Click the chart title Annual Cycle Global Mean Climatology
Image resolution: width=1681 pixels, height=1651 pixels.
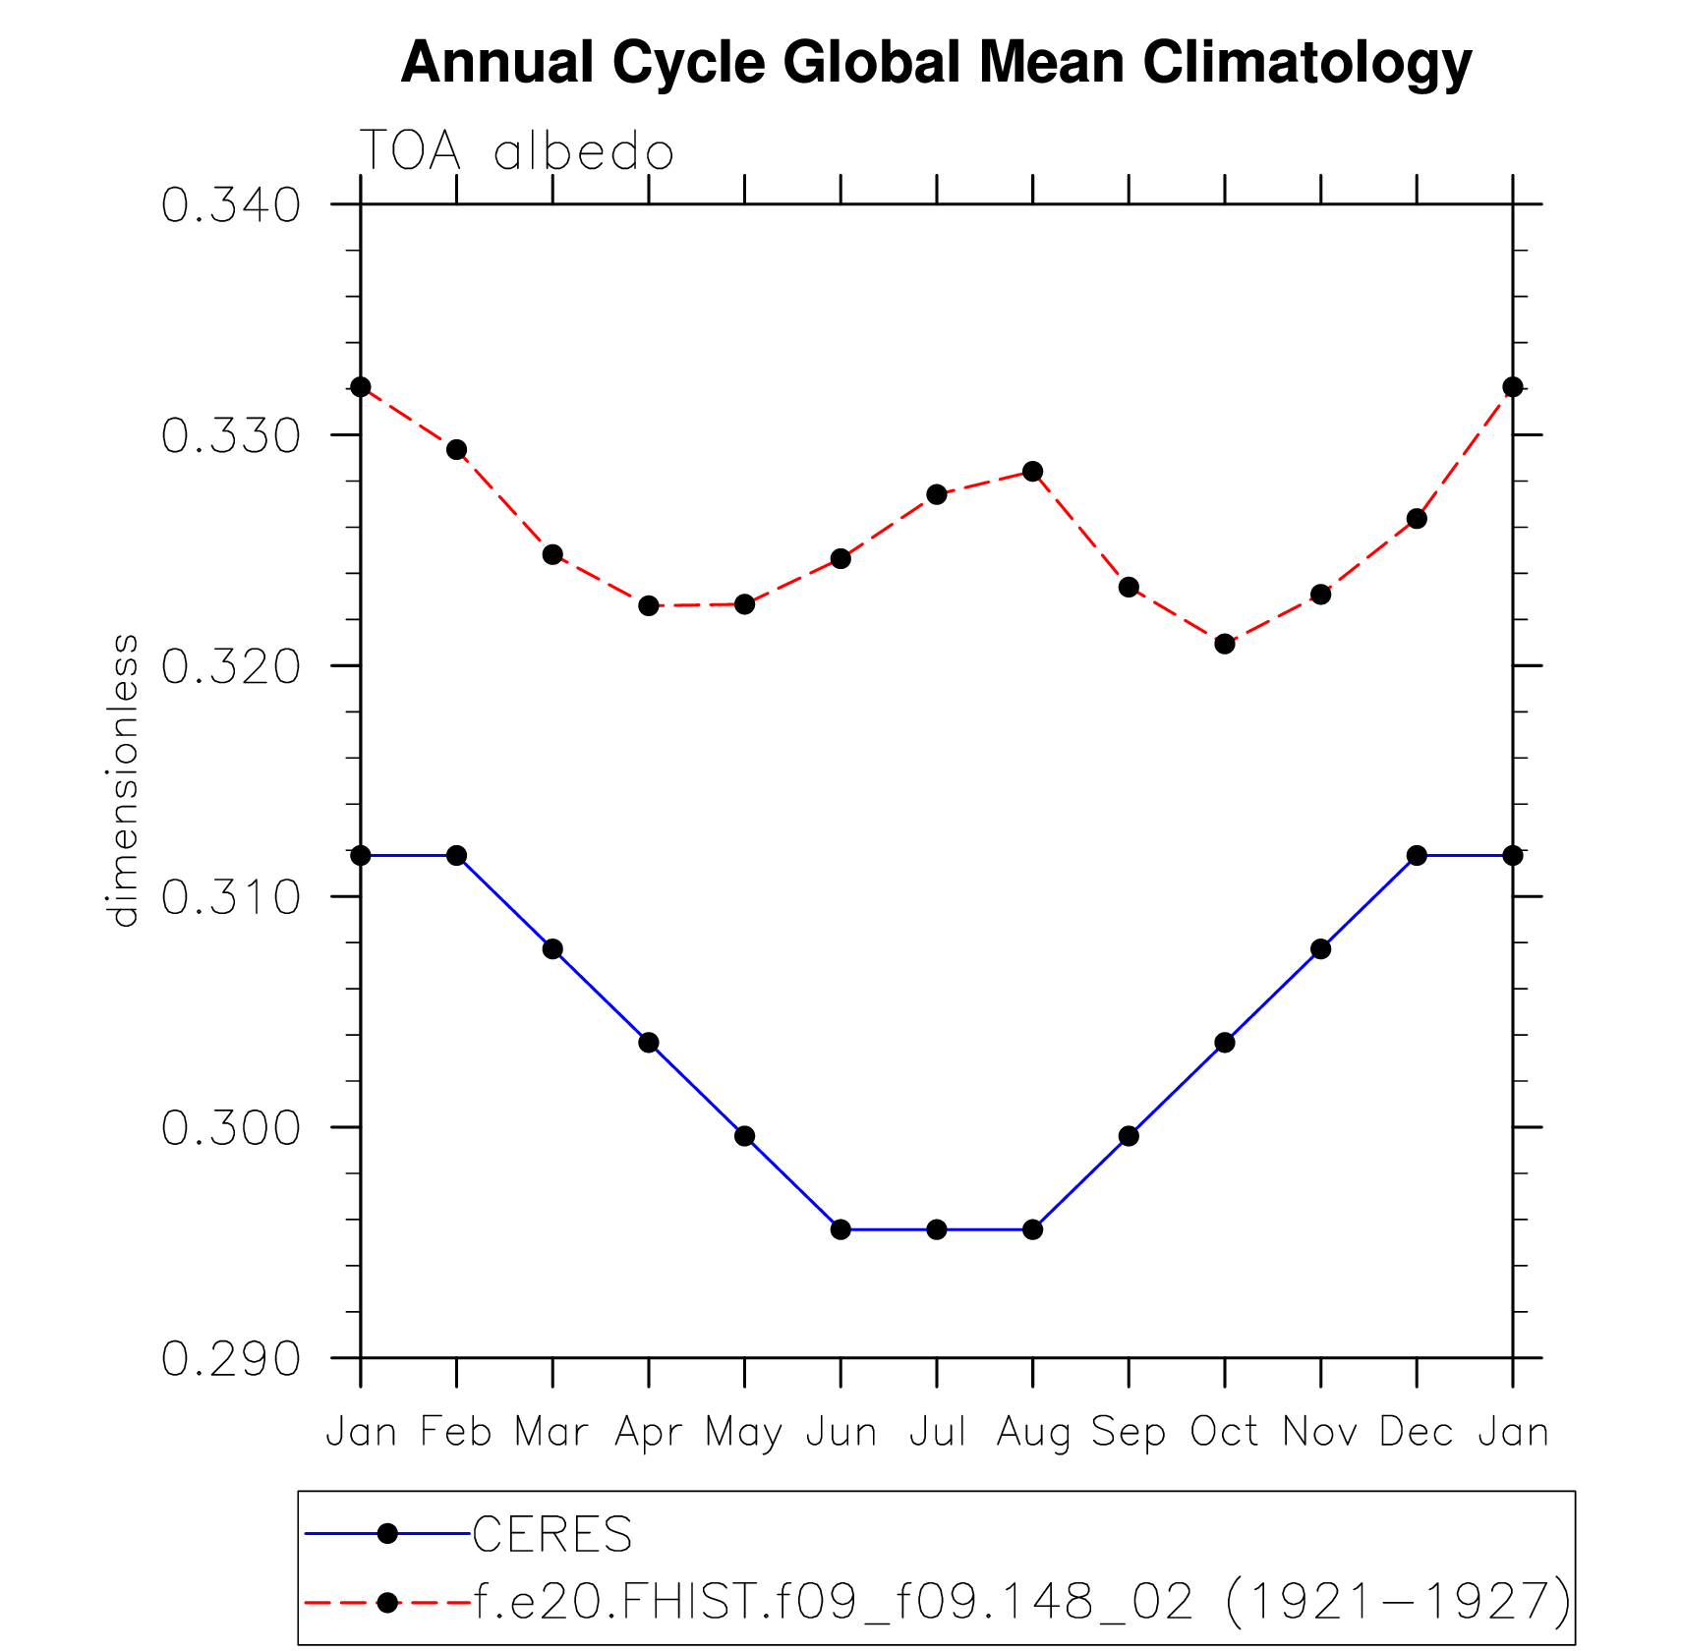point(936,63)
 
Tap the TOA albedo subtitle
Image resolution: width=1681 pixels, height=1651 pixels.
point(517,152)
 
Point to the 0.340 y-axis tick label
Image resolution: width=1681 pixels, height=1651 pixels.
point(231,205)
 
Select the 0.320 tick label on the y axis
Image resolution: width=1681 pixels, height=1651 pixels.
point(231,667)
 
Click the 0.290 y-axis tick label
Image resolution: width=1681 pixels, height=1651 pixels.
point(231,1360)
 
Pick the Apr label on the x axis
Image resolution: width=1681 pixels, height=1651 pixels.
point(648,1433)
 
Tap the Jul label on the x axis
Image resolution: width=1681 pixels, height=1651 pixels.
point(937,1432)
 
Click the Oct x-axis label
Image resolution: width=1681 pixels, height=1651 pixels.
point(1224,1432)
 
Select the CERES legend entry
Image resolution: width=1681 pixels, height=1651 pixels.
point(552,1534)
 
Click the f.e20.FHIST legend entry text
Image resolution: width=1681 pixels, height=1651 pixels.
point(1022,1602)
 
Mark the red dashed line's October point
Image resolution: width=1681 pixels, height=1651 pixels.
point(1224,644)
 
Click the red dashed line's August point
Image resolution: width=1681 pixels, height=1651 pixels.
point(1032,472)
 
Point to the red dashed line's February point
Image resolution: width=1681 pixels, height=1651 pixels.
point(457,450)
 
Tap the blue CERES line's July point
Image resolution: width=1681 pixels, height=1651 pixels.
point(937,1229)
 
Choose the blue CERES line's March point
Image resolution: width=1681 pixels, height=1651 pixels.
point(552,949)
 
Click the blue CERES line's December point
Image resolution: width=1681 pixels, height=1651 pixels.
point(1417,856)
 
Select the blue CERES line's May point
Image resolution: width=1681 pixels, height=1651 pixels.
point(745,1136)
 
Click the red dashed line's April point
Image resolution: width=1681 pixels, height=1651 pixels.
point(649,605)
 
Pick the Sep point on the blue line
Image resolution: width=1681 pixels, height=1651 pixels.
point(1129,1136)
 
